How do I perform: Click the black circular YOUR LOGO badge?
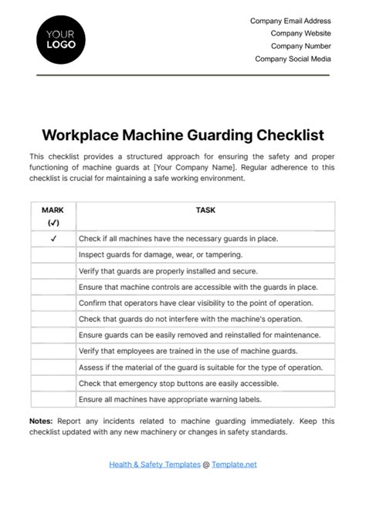61,39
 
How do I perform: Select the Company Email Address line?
290,21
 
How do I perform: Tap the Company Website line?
300,33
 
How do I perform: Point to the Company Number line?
300,46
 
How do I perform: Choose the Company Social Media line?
293,59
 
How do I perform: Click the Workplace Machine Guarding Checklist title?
183,135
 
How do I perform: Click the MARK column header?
53,210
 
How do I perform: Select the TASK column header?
205,209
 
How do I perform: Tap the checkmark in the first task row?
53,238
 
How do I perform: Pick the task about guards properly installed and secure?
168,271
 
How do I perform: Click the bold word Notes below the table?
41,421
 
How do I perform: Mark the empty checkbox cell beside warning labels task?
53,399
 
